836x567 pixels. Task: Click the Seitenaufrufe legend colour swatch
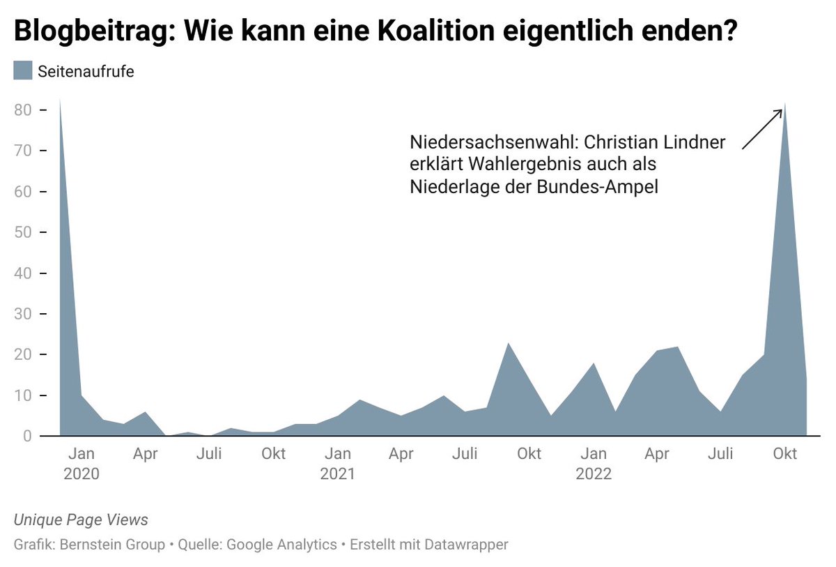tap(23, 70)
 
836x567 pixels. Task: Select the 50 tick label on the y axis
tap(24, 232)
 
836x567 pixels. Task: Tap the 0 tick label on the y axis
tap(27, 436)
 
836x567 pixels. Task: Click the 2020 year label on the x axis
tap(81, 474)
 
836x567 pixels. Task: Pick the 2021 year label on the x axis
tap(337, 474)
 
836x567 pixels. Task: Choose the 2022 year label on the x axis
tap(593, 474)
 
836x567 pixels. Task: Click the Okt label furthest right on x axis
tap(785, 454)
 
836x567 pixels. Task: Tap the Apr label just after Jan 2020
tap(146, 454)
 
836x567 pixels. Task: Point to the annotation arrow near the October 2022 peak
tap(762, 129)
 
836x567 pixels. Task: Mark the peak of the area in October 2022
tap(785, 104)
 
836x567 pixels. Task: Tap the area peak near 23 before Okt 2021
tap(508, 343)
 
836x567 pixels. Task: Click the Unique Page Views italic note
tap(81, 520)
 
